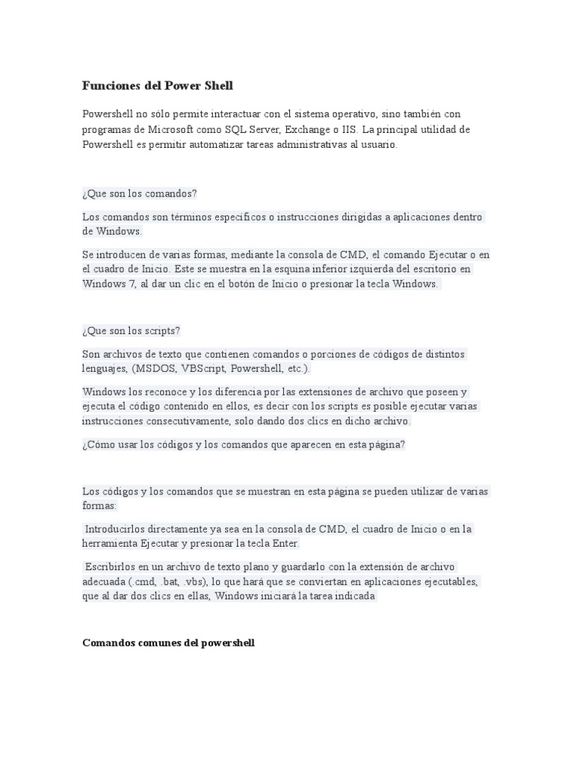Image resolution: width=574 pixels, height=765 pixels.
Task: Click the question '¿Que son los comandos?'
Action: [x=140, y=193]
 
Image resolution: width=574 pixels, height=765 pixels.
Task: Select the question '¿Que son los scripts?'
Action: [x=132, y=331]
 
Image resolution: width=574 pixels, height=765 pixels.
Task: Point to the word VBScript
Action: [x=203, y=369]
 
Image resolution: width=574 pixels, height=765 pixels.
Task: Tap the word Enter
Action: [x=284, y=544]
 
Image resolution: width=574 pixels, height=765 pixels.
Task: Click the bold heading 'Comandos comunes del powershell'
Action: [x=168, y=642]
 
